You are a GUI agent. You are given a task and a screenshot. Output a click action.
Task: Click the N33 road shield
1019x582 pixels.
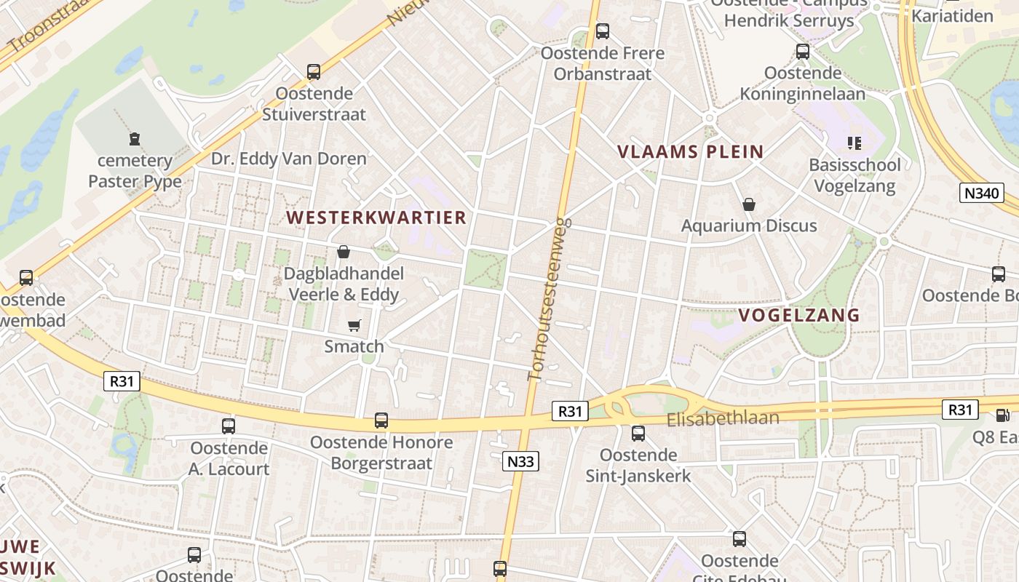[520, 461]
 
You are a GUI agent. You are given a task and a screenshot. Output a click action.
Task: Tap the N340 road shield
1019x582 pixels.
[982, 193]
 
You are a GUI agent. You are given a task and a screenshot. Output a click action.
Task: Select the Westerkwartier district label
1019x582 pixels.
[376, 218]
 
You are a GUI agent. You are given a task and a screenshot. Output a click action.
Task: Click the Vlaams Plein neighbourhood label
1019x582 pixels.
[690, 152]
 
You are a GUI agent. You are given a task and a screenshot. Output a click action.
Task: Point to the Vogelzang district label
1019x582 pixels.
[799, 315]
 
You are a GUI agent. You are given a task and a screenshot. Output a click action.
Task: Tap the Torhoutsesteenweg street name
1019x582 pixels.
[548, 298]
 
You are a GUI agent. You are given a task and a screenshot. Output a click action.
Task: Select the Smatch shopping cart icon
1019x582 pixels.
[354, 325]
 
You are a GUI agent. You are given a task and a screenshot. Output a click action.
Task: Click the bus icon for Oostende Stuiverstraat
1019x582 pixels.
[314, 72]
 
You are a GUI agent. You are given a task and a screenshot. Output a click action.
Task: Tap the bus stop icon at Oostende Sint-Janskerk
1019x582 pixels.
[638, 434]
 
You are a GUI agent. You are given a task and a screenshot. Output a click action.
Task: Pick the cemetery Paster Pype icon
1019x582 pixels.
[135, 138]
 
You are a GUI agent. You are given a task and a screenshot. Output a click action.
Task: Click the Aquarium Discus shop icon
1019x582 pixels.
[748, 204]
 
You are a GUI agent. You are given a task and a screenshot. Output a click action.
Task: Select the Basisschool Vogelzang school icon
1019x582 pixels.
[855, 143]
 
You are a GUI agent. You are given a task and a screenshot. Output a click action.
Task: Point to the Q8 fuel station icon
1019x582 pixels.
[1002, 415]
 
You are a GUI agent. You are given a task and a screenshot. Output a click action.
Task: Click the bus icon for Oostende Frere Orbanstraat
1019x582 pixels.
[602, 31]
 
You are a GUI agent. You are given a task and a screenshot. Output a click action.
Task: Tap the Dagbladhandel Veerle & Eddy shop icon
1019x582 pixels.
[343, 252]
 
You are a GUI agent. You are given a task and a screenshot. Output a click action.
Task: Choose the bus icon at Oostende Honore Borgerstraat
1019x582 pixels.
[381, 420]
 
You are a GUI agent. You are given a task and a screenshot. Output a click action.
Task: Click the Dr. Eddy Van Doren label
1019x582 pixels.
[289, 158]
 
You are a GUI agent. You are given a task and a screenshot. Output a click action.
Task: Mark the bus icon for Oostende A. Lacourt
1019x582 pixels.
[229, 426]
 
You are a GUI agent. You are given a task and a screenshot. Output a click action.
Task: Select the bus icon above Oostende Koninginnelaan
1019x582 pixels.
[803, 52]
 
